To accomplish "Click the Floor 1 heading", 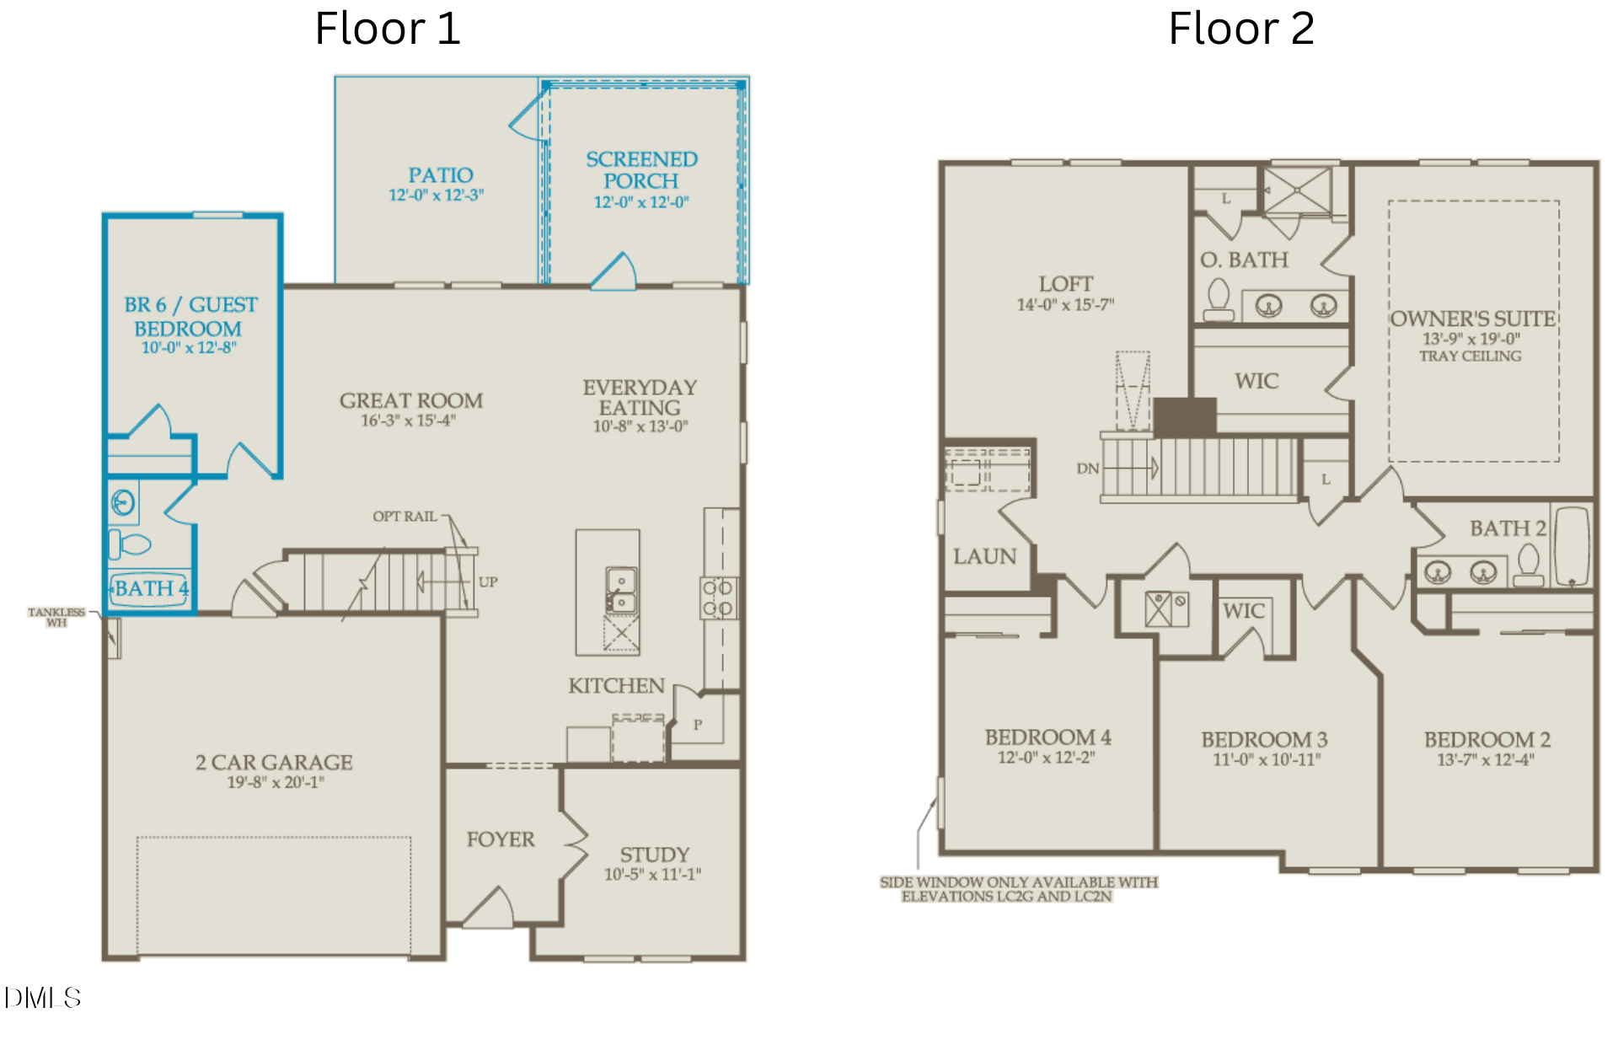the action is click(x=388, y=29).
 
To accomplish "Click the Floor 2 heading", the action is click(x=1241, y=29).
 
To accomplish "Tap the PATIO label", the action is click(x=441, y=175).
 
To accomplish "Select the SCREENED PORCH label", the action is click(x=641, y=170).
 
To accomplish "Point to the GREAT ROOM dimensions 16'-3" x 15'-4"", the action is click(x=409, y=421).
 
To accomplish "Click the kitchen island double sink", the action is click(x=621, y=590).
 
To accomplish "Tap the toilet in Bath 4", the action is click(x=129, y=544).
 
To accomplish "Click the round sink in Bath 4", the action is click(x=123, y=503).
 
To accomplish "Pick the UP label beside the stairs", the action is click(x=488, y=581).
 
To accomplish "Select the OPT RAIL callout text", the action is click(x=404, y=517).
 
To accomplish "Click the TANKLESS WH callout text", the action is click(x=56, y=617).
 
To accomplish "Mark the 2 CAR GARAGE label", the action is click(x=274, y=763).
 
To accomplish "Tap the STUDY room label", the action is click(x=655, y=855).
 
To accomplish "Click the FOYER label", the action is click(x=501, y=839).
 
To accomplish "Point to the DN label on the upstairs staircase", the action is click(x=1088, y=469).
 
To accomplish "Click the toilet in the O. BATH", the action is click(x=1219, y=300).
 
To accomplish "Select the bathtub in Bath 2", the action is click(x=1572, y=546).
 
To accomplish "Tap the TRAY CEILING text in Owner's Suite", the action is click(x=1471, y=356).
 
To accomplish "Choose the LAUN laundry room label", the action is click(x=985, y=556).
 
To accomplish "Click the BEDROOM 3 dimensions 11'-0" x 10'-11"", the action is click(x=1267, y=759).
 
